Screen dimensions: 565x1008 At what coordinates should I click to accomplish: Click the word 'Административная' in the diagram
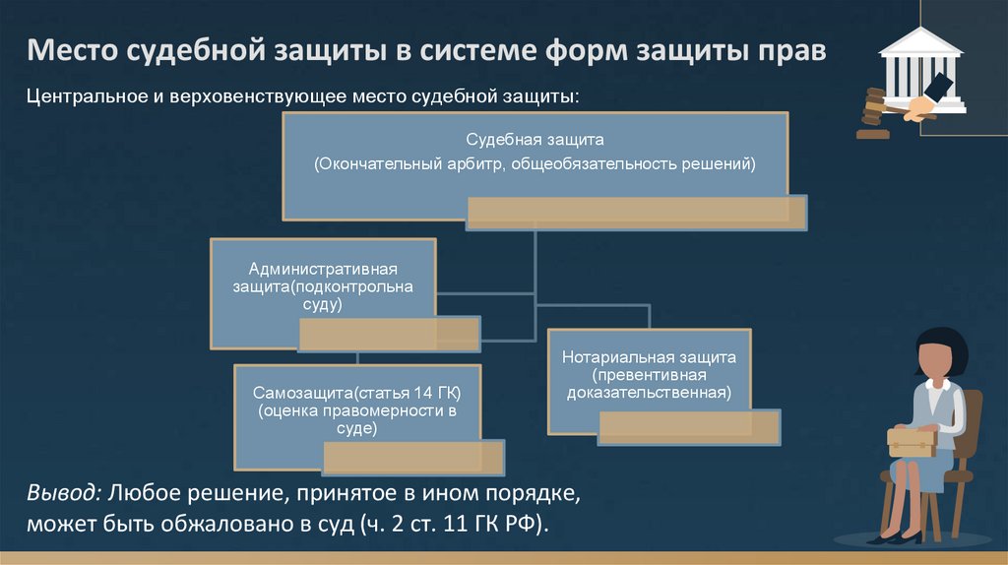pos(323,269)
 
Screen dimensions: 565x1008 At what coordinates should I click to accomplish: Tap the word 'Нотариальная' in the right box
pos(611,357)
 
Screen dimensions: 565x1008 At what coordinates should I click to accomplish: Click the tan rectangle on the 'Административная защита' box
pos(389,334)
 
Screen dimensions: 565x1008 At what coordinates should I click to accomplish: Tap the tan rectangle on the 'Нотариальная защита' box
pos(689,426)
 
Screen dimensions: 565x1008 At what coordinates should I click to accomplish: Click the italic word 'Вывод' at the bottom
pos(63,490)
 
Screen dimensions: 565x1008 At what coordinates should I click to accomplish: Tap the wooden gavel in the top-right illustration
pos(873,107)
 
